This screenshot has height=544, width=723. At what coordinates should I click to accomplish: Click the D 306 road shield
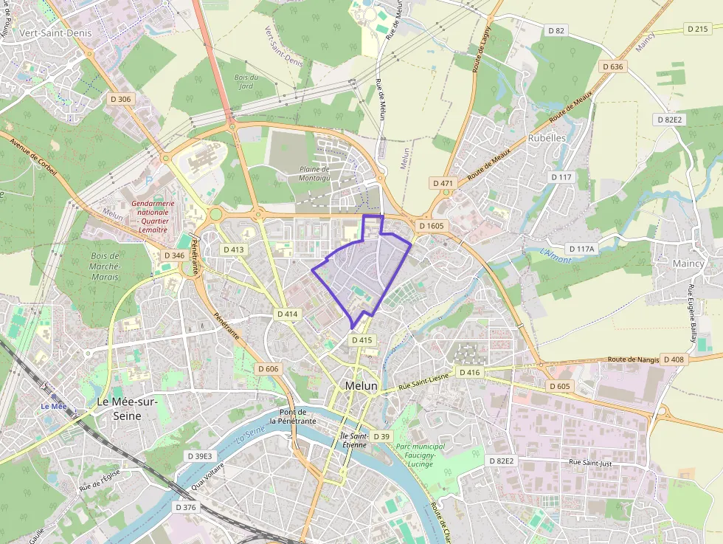(x=120, y=98)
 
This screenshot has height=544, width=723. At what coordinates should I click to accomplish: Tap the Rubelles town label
(x=547, y=138)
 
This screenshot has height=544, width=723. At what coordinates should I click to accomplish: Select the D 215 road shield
(x=697, y=29)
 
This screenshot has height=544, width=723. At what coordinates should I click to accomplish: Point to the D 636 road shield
(x=612, y=66)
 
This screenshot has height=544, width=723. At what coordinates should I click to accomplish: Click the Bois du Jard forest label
(x=246, y=81)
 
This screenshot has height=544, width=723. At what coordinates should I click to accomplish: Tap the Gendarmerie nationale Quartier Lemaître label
(x=152, y=216)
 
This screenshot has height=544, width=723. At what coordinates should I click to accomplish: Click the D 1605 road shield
(x=431, y=225)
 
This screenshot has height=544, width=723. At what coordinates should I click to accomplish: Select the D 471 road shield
(x=443, y=182)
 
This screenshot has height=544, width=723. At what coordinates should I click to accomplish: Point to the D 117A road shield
(x=581, y=249)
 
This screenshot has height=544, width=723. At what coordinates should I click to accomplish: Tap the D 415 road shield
(x=362, y=340)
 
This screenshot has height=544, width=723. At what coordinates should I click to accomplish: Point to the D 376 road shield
(x=187, y=507)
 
